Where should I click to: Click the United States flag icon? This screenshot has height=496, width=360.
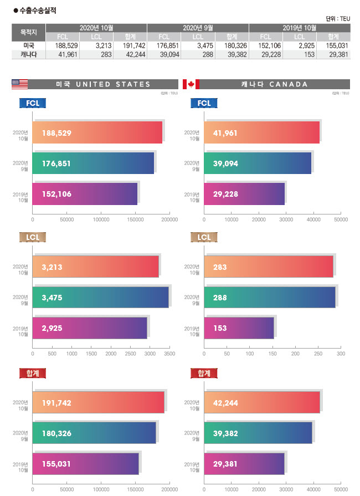click(19, 84)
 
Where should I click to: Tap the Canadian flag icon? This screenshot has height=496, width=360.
click(191, 84)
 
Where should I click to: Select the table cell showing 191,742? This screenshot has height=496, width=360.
click(131, 45)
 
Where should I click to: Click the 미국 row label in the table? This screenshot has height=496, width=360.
click(28, 45)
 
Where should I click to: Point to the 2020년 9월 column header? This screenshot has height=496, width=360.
click(198, 27)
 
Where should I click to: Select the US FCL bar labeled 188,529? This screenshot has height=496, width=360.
click(97, 132)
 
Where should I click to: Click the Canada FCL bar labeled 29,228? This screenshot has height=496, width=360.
click(244, 194)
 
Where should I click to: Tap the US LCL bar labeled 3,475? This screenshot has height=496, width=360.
click(100, 298)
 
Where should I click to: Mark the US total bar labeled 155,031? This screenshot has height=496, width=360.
click(85, 463)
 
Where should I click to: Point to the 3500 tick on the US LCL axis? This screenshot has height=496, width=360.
click(169, 353)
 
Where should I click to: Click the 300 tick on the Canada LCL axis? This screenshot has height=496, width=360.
click(341, 353)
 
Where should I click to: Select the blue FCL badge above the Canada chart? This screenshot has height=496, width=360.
click(204, 103)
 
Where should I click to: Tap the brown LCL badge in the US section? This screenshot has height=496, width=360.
click(32, 238)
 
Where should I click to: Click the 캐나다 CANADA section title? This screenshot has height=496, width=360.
click(274, 84)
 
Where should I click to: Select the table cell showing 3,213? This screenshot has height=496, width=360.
click(104, 45)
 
